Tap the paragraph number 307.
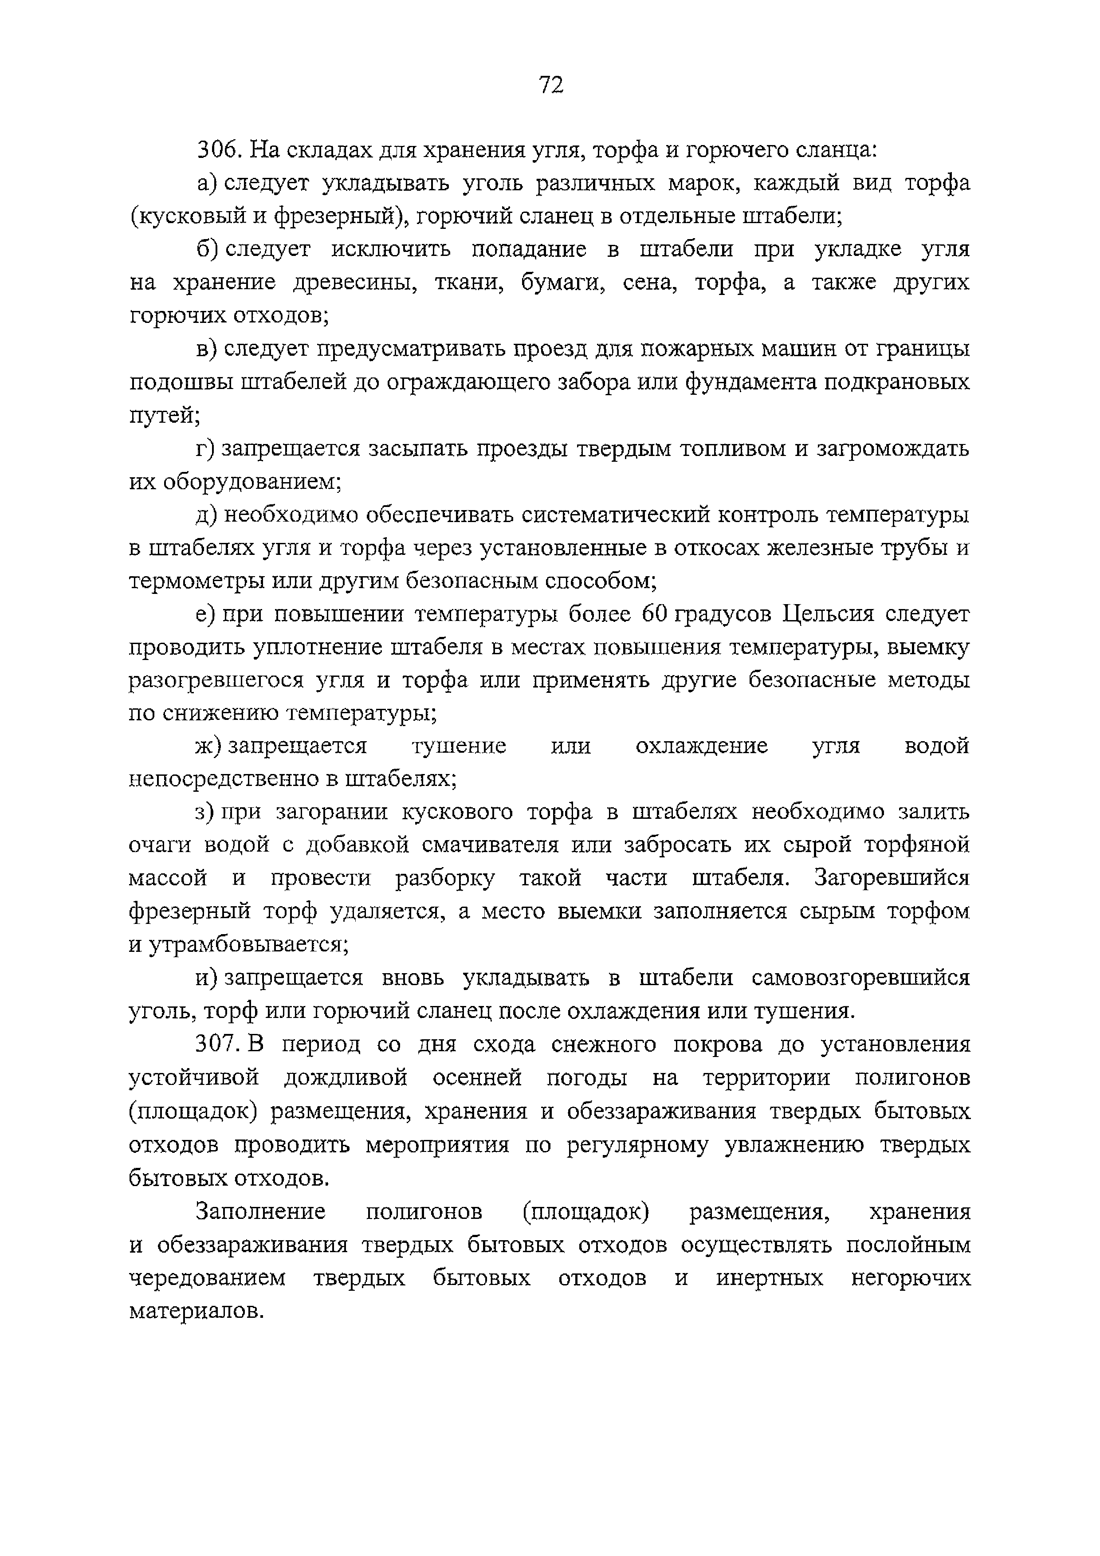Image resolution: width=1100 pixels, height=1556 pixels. click(217, 1044)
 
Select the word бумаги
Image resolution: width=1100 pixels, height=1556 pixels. click(562, 282)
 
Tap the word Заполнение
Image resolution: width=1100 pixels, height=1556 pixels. click(261, 1211)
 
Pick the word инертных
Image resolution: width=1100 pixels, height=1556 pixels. click(769, 1277)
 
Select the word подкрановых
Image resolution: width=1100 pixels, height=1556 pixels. click(897, 382)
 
